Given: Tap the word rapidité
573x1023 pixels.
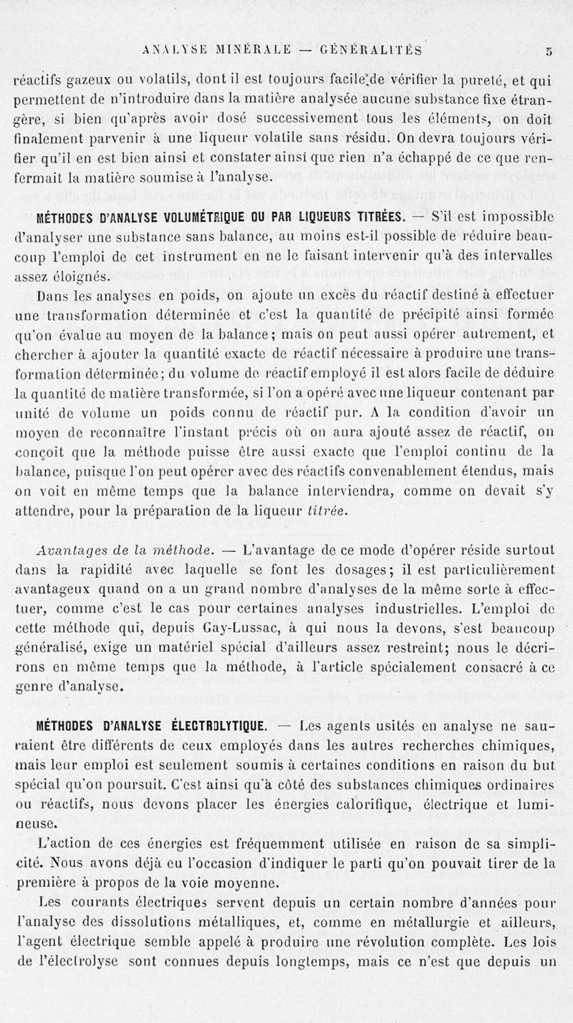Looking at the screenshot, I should point(124,570).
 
